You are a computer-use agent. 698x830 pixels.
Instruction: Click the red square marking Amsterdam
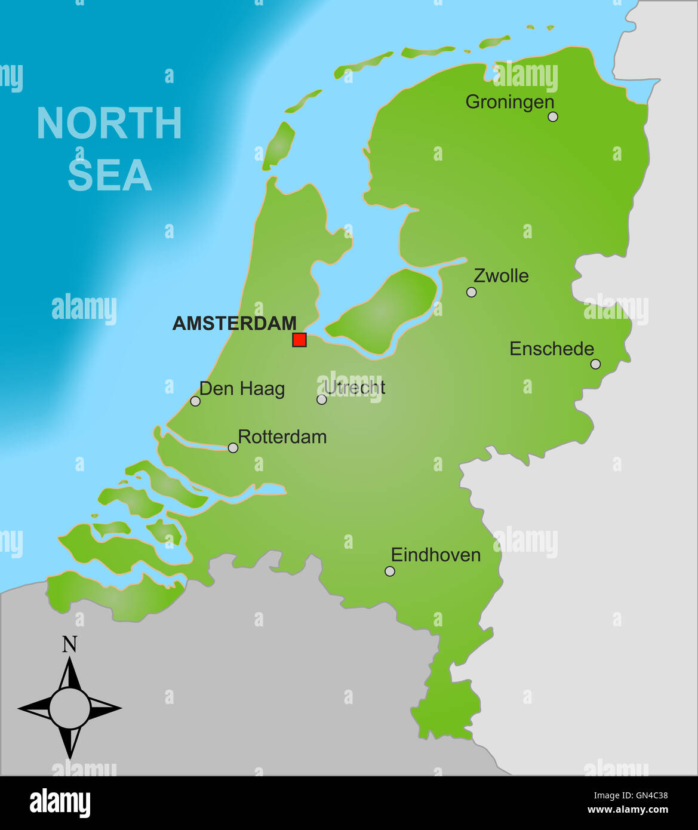click(299, 340)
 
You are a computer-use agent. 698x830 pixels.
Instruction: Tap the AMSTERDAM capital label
click(234, 323)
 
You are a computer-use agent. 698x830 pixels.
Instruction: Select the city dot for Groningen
click(553, 116)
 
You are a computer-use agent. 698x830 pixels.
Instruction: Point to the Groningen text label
click(510, 102)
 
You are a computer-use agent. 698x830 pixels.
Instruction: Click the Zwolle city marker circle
click(472, 292)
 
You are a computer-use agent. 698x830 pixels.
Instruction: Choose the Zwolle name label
click(501, 276)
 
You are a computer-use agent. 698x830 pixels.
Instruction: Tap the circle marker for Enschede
click(595, 364)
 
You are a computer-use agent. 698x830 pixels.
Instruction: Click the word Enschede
click(552, 349)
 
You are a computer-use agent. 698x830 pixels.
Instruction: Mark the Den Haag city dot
click(195, 401)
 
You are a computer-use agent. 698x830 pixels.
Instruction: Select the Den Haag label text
click(242, 389)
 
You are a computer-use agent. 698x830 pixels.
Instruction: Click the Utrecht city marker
click(322, 399)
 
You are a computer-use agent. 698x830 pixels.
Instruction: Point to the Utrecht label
click(355, 388)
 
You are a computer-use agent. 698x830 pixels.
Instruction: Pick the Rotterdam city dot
click(233, 448)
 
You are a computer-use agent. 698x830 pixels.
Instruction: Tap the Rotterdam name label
click(282, 436)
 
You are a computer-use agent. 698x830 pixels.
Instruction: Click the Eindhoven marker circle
click(390, 571)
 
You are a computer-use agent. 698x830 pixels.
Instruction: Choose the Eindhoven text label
click(436, 555)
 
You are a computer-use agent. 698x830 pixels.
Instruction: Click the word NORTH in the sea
click(109, 124)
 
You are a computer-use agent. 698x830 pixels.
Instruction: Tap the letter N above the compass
click(70, 644)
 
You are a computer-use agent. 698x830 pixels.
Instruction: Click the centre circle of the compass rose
click(70, 708)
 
